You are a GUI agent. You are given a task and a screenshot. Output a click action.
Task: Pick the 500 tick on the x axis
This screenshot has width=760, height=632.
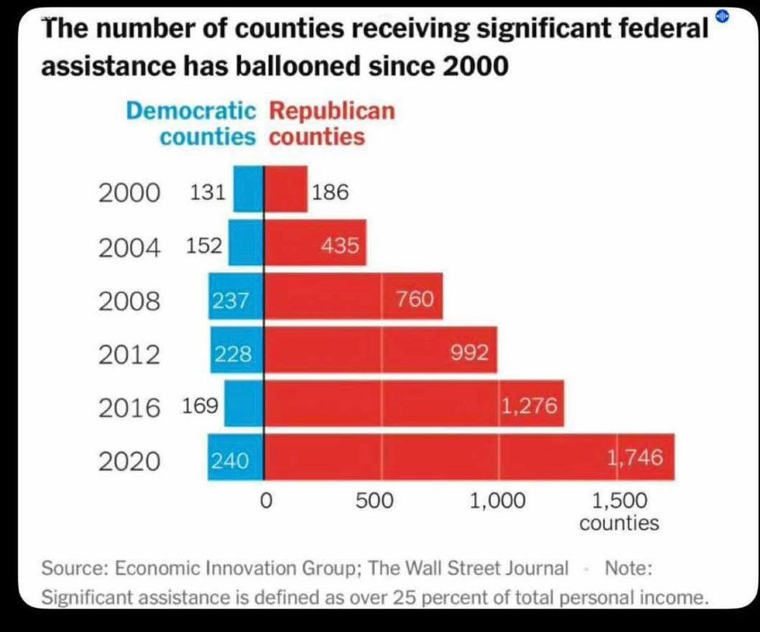pyautogui.click(x=375, y=501)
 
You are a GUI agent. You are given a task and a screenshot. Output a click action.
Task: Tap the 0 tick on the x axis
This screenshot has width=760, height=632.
pyautogui.click(x=265, y=501)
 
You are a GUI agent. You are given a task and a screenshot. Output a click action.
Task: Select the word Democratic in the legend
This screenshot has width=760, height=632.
pyautogui.click(x=191, y=111)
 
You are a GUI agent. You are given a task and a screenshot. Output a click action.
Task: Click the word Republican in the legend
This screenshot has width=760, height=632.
pyautogui.click(x=332, y=111)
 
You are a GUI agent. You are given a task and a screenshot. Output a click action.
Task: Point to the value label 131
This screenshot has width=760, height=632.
pyautogui.click(x=206, y=192)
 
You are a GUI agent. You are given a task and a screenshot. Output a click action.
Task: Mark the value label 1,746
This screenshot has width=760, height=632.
pyautogui.click(x=635, y=457)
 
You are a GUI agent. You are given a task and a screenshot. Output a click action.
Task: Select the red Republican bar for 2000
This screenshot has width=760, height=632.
pyautogui.click(x=286, y=189)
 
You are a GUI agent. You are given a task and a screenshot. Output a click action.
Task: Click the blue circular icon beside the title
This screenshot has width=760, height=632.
pyautogui.click(x=723, y=17)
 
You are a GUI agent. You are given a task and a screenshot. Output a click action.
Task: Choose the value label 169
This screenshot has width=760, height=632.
pyautogui.click(x=201, y=405)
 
